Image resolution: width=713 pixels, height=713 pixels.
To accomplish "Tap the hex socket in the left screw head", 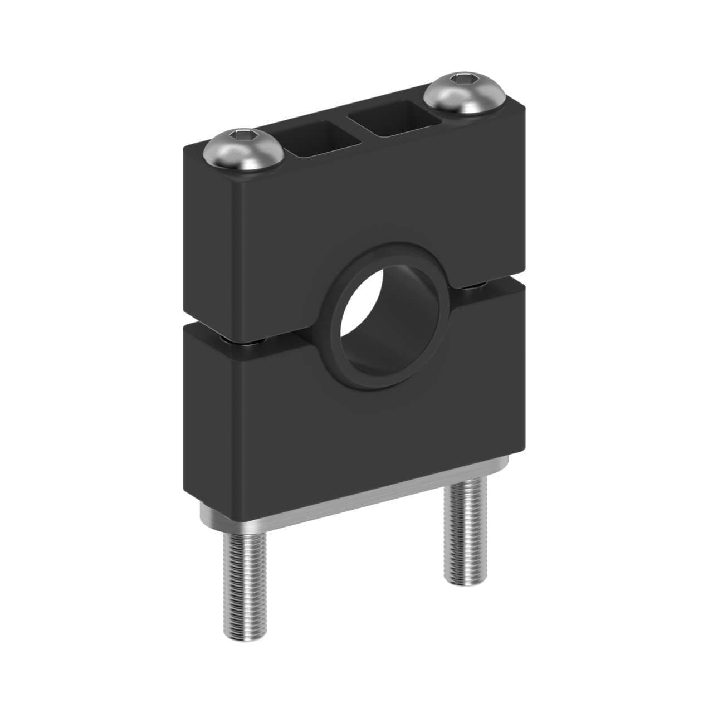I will (x=243, y=135).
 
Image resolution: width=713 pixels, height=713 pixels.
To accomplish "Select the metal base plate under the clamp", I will (x=356, y=501).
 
